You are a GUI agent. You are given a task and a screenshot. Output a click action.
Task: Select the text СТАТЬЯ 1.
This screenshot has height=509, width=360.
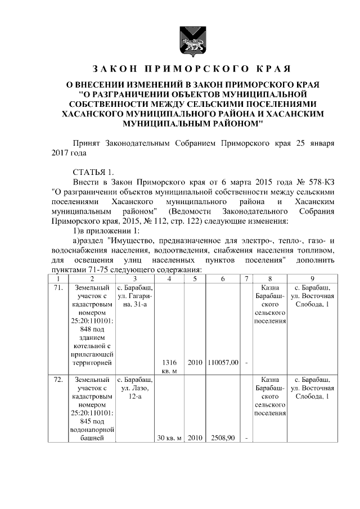click(93, 172)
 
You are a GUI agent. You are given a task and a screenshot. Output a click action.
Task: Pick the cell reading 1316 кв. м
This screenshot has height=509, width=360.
click(169, 366)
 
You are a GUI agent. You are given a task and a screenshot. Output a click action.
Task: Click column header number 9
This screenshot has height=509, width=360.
click(312, 278)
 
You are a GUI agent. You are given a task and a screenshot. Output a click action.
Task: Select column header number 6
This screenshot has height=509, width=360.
click(223, 278)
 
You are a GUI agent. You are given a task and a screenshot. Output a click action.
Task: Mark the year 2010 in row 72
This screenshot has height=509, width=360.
click(195, 438)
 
